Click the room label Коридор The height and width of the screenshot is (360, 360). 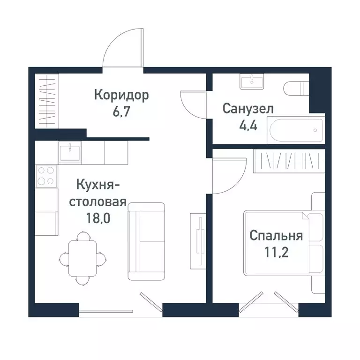[121, 96]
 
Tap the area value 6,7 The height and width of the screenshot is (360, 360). [121, 113]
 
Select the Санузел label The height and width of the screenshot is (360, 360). [248, 109]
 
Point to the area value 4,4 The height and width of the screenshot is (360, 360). [247, 126]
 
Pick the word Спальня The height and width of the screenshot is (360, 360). [276, 235]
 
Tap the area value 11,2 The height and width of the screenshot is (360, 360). [276, 253]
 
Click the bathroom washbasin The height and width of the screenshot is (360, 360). [253, 82]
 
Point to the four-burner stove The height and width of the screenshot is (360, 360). [46, 176]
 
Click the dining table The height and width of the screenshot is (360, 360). [83, 258]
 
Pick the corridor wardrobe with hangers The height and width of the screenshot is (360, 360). [46, 101]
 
